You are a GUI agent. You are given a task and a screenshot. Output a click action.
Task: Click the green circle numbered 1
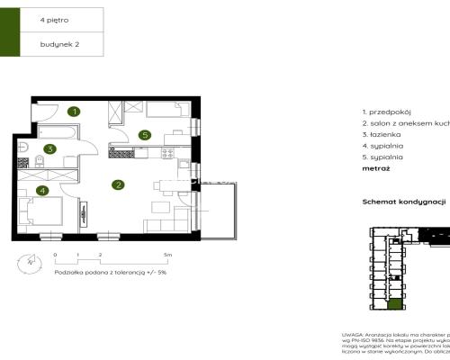point(76,112)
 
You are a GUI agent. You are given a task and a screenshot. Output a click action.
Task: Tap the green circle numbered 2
point(118,185)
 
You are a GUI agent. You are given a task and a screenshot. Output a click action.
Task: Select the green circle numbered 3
point(51,149)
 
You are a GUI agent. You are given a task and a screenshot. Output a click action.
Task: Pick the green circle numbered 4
point(41,190)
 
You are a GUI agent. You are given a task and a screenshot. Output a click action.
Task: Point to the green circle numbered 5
point(145,135)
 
